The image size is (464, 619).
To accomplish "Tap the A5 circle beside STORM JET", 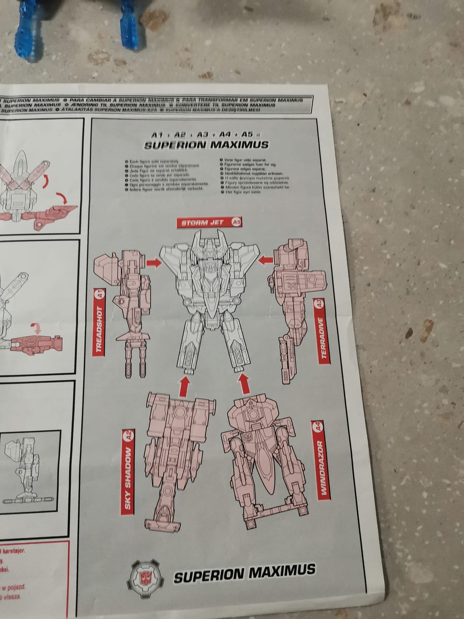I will click(x=236, y=222).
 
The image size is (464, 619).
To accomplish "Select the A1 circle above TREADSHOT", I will click(x=99, y=294).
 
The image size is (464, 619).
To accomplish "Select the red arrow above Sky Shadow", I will click(x=184, y=385).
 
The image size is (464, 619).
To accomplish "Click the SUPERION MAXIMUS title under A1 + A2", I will click(x=206, y=145).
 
